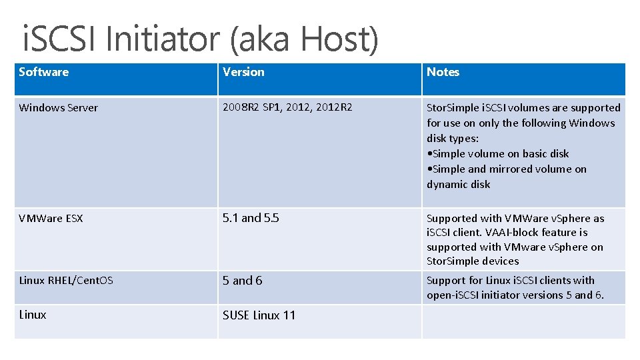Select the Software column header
(x=44, y=72)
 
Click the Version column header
(x=243, y=72)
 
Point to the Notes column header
(x=443, y=72)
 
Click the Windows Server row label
(x=59, y=108)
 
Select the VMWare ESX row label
(x=51, y=218)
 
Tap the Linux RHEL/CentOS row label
(x=66, y=280)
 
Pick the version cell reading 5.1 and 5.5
(x=251, y=218)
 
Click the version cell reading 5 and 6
(x=243, y=281)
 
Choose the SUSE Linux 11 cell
(x=259, y=315)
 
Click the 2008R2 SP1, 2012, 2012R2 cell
(x=287, y=107)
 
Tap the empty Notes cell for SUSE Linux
(x=523, y=321)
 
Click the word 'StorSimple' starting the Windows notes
(x=453, y=108)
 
